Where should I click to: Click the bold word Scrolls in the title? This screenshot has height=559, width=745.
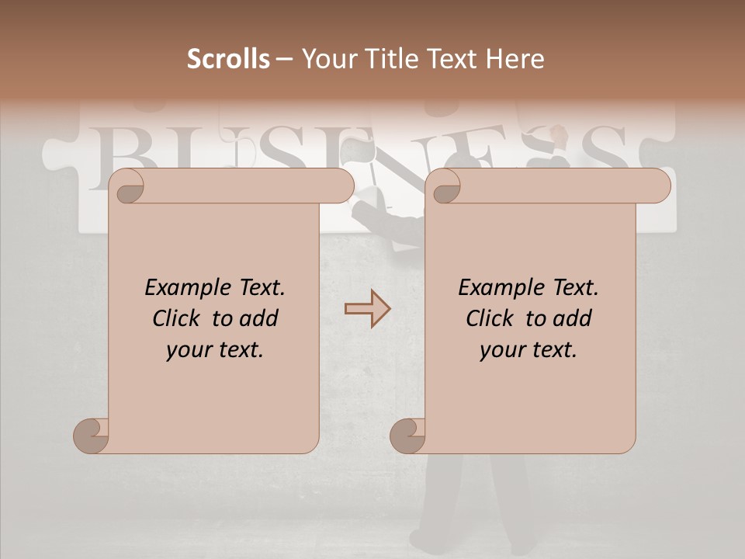[x=228, y=59]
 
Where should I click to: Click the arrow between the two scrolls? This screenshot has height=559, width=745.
[x=367, y=308]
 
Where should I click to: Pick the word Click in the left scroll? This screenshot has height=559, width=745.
[x=179, y=319]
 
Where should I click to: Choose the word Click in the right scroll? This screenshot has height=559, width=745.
[x=493, y=319]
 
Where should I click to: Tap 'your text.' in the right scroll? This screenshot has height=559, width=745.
[x=528, y=350]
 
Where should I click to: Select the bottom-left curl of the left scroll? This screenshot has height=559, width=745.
[x=92, y=436]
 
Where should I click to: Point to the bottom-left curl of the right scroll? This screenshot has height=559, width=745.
[x=408, y=436]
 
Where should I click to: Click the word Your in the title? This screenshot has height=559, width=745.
[x=325, y=59]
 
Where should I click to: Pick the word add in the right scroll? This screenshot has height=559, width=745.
[x=573, y=319]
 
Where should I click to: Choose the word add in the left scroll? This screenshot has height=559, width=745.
[x=259, y=319]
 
